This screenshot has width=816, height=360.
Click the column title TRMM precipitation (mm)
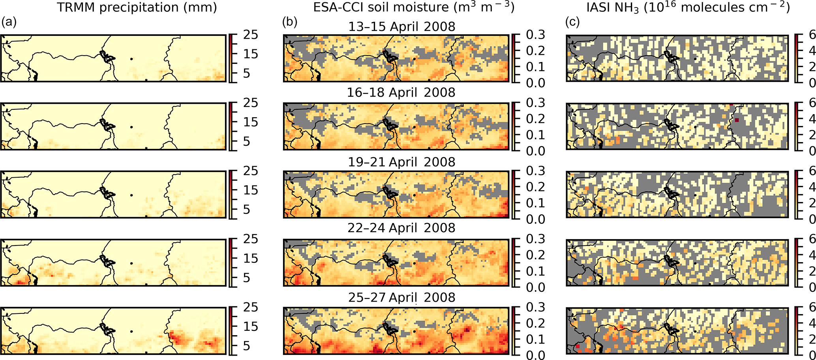click(137, 8)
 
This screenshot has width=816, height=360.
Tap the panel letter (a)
click(9, 22)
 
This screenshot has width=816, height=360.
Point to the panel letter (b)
click(289, 22)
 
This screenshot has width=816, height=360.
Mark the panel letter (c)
click(572, 22)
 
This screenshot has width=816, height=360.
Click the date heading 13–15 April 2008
click(401, 27)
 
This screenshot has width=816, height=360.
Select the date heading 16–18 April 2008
click(401, 93)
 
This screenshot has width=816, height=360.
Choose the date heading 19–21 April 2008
click(401, 162)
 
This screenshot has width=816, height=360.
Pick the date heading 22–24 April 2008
click(401, 228)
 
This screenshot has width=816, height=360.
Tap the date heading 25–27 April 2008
click(401, 297)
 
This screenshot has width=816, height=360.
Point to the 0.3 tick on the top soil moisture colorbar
click(535, 35)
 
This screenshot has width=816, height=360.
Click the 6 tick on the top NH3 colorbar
click(812, 35)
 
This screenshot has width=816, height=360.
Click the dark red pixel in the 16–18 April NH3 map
click(737, 120)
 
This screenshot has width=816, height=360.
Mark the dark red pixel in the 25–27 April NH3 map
click(578, 346)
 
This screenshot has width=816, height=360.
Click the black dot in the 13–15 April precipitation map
click(131, 59)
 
